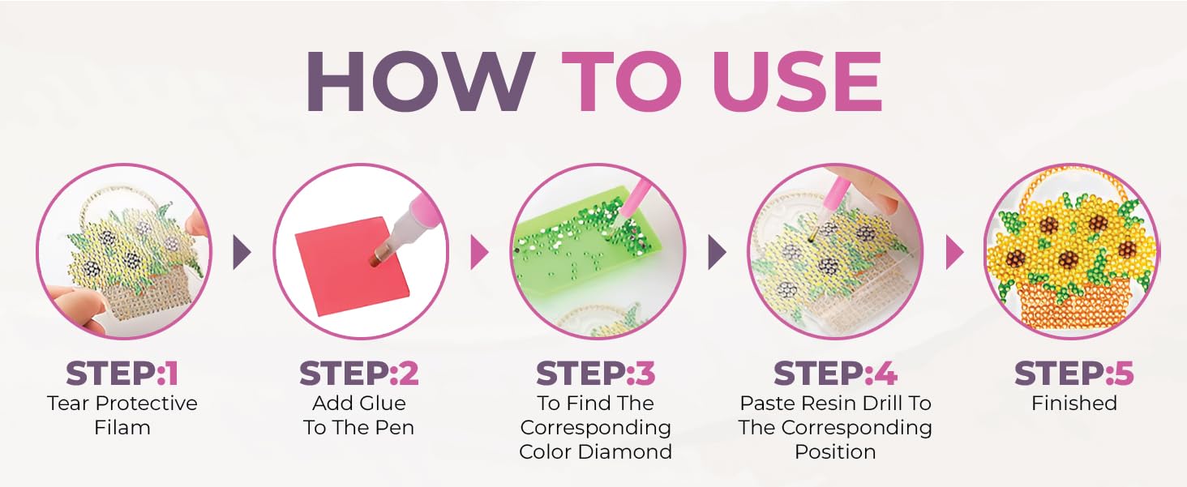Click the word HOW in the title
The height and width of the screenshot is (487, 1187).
420,82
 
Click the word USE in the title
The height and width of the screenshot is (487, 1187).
798,82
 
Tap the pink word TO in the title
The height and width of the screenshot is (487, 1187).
622,82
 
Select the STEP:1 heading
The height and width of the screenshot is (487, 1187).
122,374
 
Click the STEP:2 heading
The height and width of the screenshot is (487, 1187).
358,374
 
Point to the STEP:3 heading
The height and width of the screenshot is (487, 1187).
596,374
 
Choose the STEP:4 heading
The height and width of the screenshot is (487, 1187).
835,374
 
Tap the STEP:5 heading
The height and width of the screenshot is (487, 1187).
1074,374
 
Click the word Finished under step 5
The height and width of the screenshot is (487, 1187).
1074,404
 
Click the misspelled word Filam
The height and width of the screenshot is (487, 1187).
122,428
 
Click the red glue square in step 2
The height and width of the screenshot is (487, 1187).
354,266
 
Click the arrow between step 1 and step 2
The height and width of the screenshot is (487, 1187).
242,252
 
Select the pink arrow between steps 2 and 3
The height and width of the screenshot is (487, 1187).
479,252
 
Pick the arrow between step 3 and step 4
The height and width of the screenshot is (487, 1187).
718,252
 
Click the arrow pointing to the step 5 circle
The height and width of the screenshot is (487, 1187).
955,252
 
